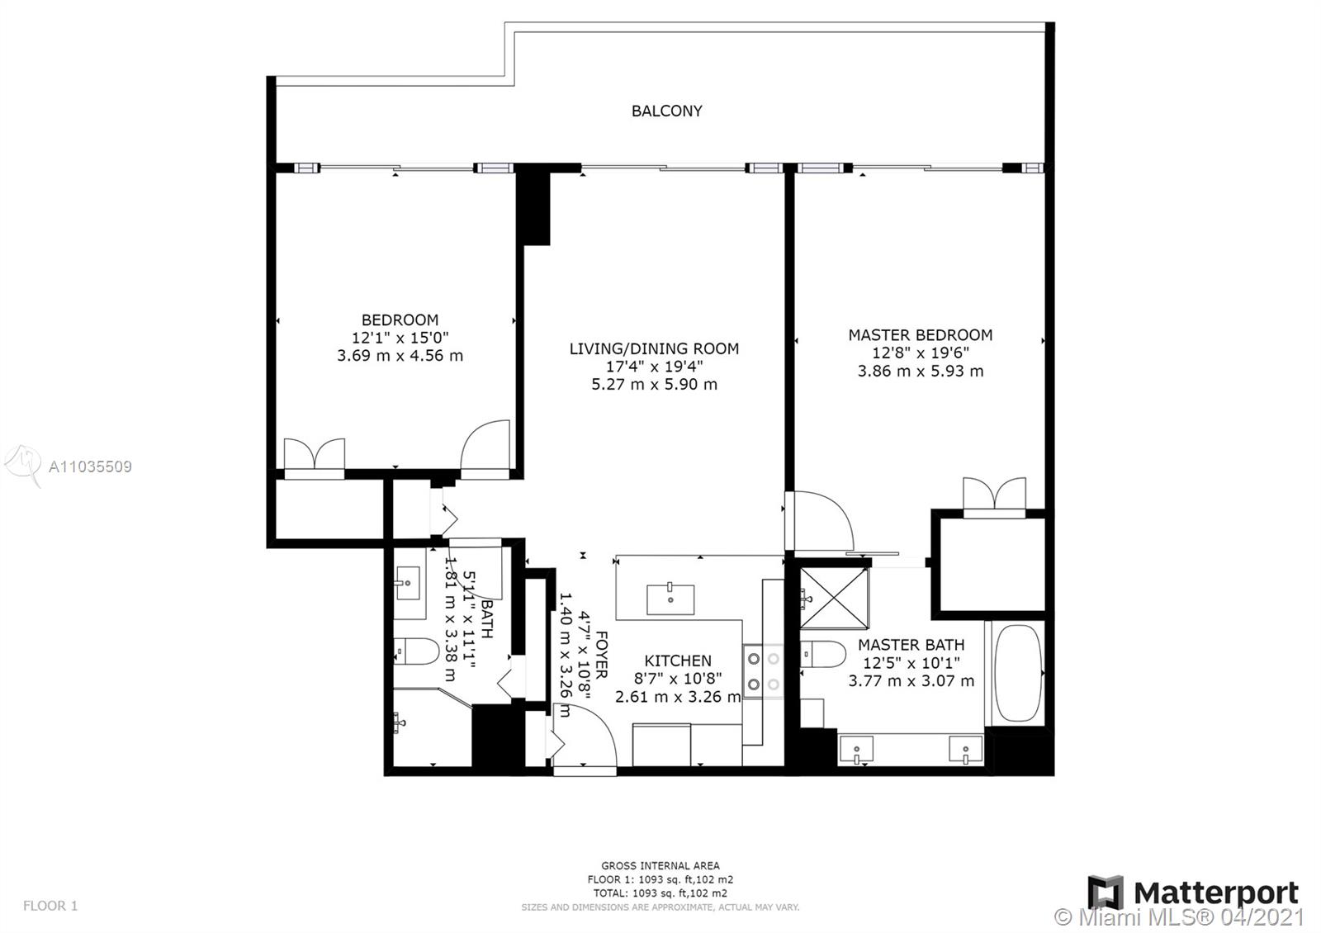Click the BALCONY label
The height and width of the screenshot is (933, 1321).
(x=666, y=111)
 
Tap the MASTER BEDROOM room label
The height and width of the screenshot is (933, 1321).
(x=920, y=335)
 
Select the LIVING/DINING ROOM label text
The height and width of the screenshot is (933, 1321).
(x=654, y=348)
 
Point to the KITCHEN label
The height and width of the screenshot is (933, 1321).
(x=678, y=661)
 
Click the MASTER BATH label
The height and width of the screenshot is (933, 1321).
(x=911, y=645)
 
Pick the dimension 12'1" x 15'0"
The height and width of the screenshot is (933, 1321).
(x=400, y=338)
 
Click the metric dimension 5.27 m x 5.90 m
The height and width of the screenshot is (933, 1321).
(x=654, y=385)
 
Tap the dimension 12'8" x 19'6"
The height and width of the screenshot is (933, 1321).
(x=920, y=353)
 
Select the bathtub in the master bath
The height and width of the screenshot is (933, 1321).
(x=1018, y=673)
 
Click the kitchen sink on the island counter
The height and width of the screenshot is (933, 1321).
(x=670, y=599)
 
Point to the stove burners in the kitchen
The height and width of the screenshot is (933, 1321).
(x=763, y=671)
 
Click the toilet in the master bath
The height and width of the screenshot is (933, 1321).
(x=823, y=654)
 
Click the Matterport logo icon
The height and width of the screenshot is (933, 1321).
(x=1106, y=893)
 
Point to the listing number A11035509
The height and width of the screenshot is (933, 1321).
(x=90, y=467)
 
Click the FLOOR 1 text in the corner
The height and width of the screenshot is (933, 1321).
(x=50, y=905)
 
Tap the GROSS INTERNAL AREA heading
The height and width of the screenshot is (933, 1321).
(x=660, y=866)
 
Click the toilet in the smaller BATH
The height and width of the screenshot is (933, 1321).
(x=416, y=651)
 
